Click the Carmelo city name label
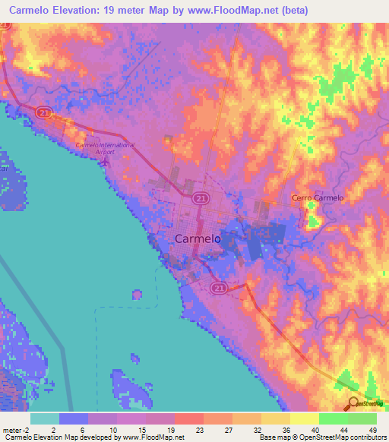(x=198, y=238)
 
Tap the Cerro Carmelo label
(x=318, y=197)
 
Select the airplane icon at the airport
(x=106, y=159)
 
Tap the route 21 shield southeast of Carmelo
(x=220, y=288)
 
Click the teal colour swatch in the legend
(x=44, y=418)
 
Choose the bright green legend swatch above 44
(x=334, y=418)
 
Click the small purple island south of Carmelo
(x=137, y=294)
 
